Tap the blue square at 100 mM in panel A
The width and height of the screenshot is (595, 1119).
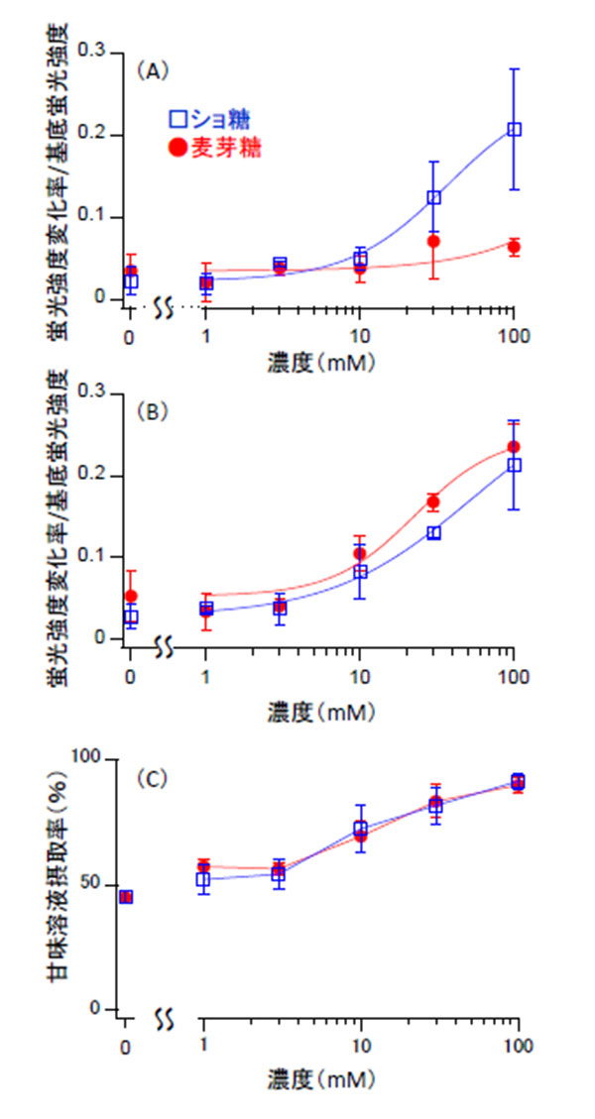(514, 129)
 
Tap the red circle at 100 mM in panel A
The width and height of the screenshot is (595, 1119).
(514, 247)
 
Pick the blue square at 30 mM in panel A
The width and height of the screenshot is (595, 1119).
(433, 197)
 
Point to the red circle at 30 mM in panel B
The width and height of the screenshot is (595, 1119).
(433, 502)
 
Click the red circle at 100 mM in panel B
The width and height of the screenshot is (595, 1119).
(514, 447)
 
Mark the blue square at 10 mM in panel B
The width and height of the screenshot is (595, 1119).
(360, 572)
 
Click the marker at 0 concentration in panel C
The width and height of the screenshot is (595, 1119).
(126, 897)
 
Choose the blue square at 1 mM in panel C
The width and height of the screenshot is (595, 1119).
(203, 879)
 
